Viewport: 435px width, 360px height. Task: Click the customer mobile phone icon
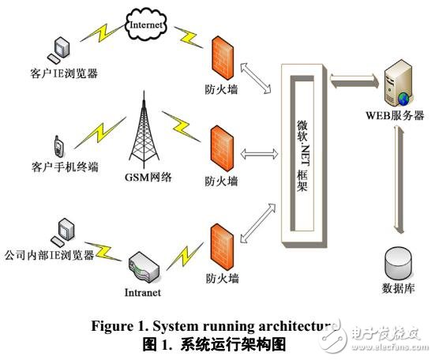(x=58, y=147)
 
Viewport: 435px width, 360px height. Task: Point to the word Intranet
(x=142, y=293)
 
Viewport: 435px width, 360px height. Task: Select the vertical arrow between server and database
(x=399, y=182)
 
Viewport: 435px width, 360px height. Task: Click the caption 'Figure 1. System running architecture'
(x=218, y=327)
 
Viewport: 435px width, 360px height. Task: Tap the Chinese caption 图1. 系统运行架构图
(x=218, y=343)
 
